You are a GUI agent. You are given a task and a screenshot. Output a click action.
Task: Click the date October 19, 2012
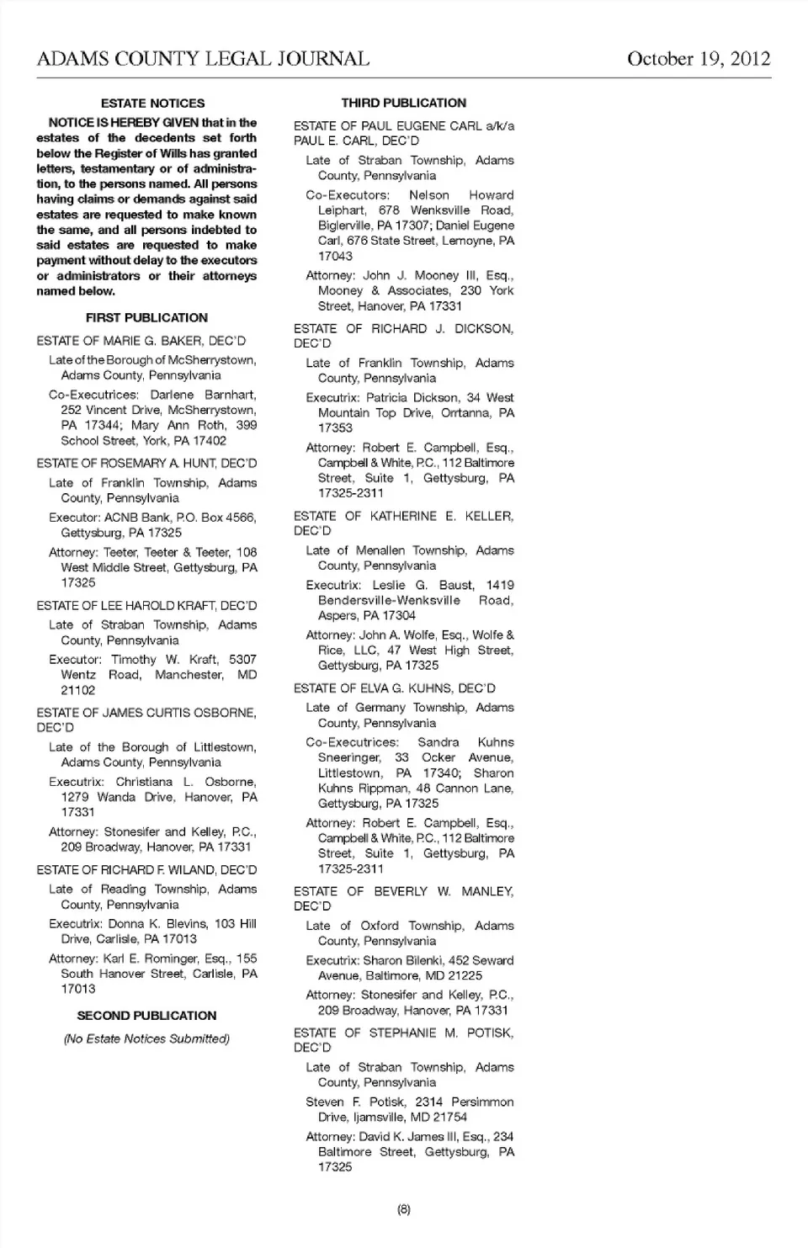(x=698, y=59)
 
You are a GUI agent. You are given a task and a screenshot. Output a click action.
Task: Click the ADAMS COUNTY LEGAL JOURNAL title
(x=203, y=59)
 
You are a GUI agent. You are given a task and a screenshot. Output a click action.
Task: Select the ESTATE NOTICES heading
(x=152, y=104)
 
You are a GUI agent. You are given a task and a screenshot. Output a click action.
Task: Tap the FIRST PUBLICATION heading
(x=146, y=318)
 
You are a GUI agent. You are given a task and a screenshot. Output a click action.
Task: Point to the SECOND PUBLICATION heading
(x=146, y=1016)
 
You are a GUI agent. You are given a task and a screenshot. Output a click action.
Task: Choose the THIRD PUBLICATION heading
(x=403, y=103)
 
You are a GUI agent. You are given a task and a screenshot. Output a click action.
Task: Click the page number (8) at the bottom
(x=403, y=1209)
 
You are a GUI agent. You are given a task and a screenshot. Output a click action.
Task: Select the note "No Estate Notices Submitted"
(x=146, y=1038)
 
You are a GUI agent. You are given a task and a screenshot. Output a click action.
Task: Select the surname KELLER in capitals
(x=484, y=517)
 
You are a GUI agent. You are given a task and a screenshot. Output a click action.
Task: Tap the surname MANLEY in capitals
(x=486, y=891)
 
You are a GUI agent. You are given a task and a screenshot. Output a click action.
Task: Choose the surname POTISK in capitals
(x=488, y=1033)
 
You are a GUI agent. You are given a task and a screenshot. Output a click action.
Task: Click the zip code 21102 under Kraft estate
(x=77, y=690)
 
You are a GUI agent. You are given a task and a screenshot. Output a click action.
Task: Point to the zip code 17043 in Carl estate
(x=335, y=256)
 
